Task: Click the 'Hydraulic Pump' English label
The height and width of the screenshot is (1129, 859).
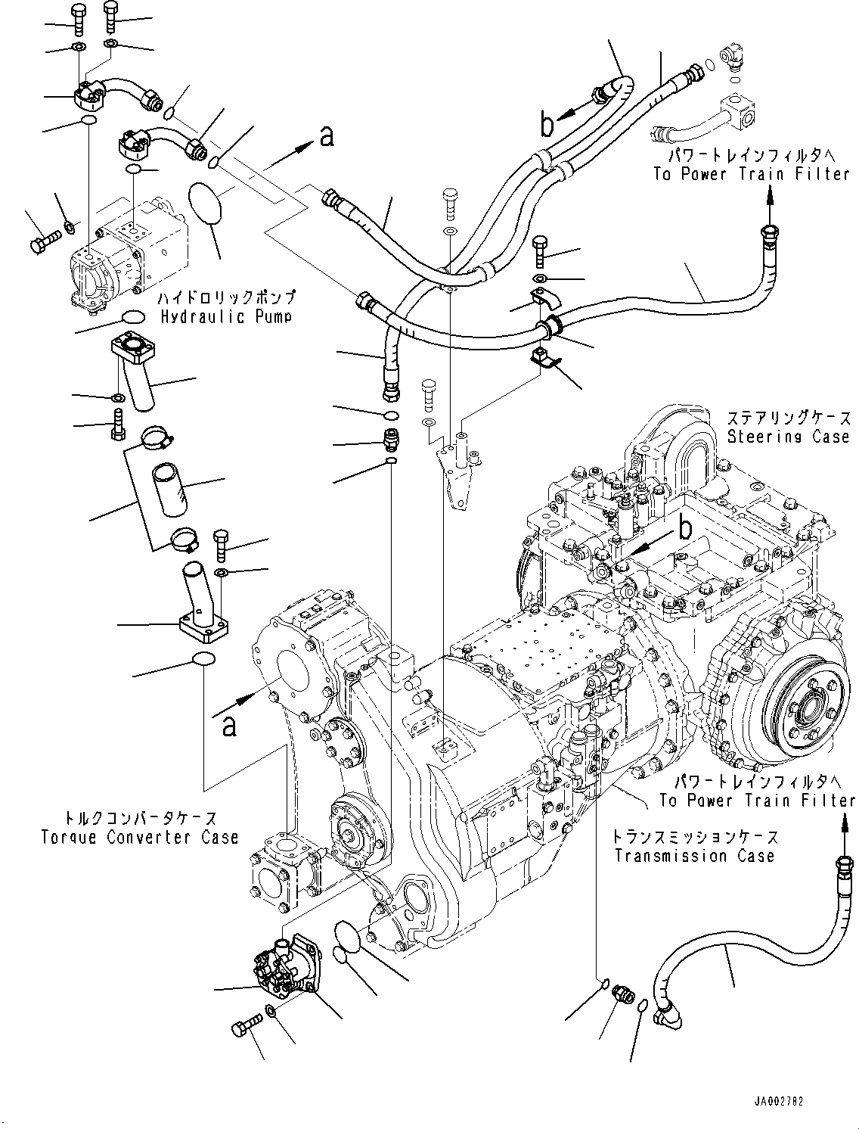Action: point(225,316)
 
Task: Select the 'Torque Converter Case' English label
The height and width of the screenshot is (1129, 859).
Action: point(140,837)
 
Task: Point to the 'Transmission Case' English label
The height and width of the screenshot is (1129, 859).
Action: point(694,856)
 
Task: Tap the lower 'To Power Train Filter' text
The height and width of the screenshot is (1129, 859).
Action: point(757,801)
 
